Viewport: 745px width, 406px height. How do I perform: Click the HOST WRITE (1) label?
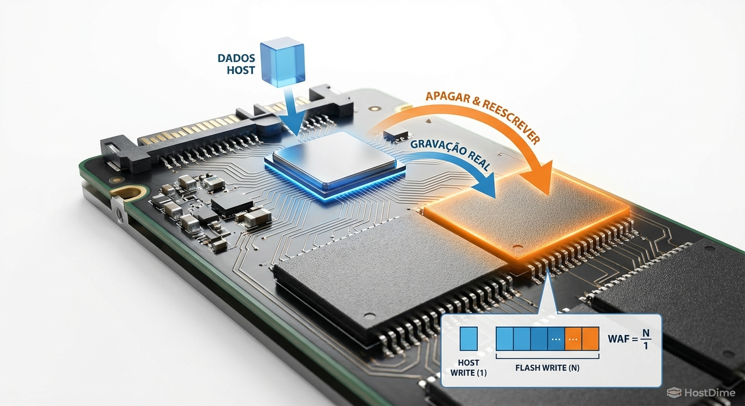coord(468,367)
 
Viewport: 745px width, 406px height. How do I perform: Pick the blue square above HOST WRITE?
coord(469,338)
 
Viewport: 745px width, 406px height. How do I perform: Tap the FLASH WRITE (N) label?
coord(547,367)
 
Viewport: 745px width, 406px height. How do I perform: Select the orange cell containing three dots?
coord(573,339)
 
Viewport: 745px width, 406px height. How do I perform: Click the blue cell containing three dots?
coord(556,339)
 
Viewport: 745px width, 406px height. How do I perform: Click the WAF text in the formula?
coord(617,338)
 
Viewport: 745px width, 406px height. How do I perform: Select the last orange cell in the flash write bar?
coord(590,339)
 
